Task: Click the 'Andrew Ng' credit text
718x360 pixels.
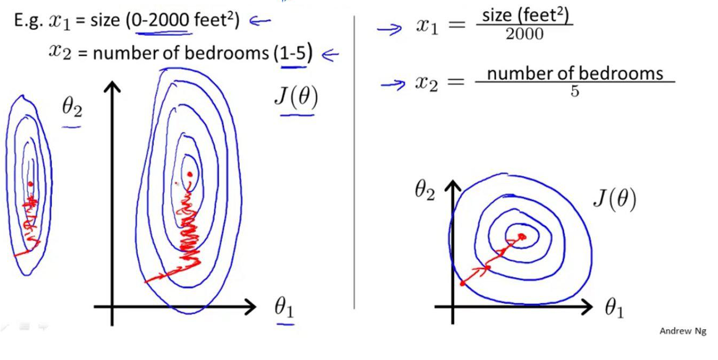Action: pyautogui.click(x=683, y=331)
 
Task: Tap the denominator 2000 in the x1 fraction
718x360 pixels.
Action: pyautogui.click(x=524, y=34)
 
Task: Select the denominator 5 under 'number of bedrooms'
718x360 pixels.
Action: pyautogui.click(x=574, y=91)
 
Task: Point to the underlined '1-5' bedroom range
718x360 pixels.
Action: pyautogui.click(x=293, y=53)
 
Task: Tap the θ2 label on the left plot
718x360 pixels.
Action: pyautogui.click(x=72, y=108)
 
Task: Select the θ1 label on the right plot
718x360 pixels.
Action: pyautogui.click(x=614, y=308)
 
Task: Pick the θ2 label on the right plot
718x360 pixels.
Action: pyautogui.click(x=425, y=192)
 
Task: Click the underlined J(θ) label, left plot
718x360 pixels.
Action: pyautogui.click(x=296, y=98)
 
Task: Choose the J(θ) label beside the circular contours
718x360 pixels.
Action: pyautogui.click(x=615, y=199)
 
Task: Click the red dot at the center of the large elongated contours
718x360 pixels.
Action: pyautogui.click(x=190, y=174)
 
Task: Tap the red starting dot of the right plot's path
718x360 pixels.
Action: pyautogui.click(x=463, y=284)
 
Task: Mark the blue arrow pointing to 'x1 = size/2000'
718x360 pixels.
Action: pyautogui.click(x=389, y=29)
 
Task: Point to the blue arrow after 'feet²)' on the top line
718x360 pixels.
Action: pyautogui.click(x=260, y=21)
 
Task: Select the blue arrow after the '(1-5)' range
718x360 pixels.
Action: pyautogui.click(x=330, y=55)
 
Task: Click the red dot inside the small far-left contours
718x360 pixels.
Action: pyautogui.click(x=30, y=184)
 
